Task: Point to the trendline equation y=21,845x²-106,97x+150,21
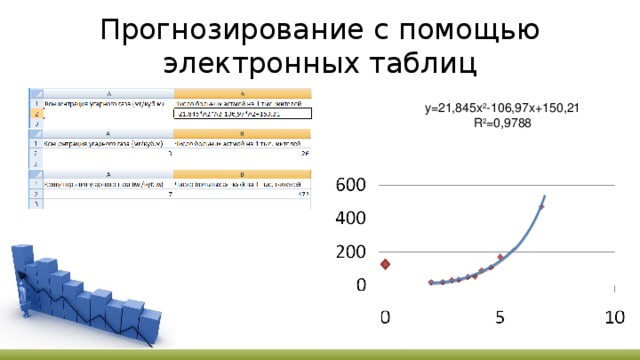pyautogui.click(x=501, y=107)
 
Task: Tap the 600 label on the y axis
pyautogui.click(x=349, y=185)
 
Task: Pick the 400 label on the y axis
pyautogui.click(x=349, y=218)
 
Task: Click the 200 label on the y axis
pyautogui.click(x=349, y=252)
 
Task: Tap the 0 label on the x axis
pyautogui.click(x=385, y=317)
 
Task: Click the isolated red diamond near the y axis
pyautogui.click(x=385, y=264)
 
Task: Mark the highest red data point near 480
pyautogui.click(x=541, y=207)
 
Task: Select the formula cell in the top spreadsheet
pyautogui.click(x=242, y=113)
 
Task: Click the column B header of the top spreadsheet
pyautogui.click(x=242, y=91)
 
